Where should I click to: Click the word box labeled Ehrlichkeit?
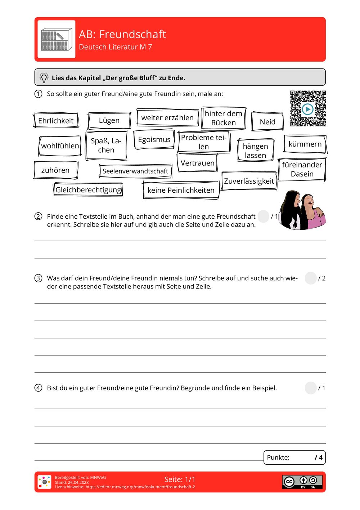tap(56, 120)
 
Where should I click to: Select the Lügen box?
tap(109, 120)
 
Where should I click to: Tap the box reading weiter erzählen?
tap(167, 118)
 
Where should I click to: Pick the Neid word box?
tap(267, 122)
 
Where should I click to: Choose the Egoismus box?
tap(154, 140)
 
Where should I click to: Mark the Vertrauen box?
tap(197, 163)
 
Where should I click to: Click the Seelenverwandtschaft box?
tap(135, 171)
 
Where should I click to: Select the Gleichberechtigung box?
tap(89, 190)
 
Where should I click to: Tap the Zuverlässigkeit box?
tap(249, 181)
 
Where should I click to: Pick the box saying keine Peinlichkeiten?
tap(181, 190)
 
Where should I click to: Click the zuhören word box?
tap(55, 170)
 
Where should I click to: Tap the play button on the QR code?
tap(308, 109)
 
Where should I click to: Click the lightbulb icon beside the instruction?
tap(44, 77)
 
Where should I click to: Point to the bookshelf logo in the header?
tap(56, 39)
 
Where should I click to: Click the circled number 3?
tap(38, 278)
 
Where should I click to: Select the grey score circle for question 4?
tap(310, 388)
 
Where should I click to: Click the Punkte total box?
tap(294, 457)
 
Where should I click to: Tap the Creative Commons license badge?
tap(302, 482)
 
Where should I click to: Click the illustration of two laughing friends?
tap(302, 210)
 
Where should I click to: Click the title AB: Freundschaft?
tap(122, 34)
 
